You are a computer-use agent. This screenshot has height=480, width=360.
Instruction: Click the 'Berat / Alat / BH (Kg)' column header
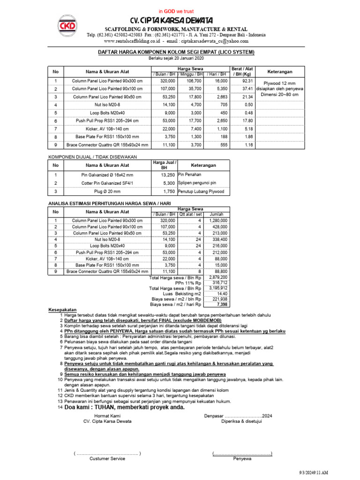click(242, 71)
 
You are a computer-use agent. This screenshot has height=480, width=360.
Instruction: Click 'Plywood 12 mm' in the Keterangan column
click(279, 82)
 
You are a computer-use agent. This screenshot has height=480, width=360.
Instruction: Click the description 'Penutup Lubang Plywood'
click(201, 191)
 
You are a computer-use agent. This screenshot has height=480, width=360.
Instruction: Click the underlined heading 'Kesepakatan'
click(63, 310)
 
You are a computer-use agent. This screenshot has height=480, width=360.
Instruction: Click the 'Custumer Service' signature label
click(107, 458)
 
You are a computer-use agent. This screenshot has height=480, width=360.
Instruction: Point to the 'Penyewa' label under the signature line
click(242, 458)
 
